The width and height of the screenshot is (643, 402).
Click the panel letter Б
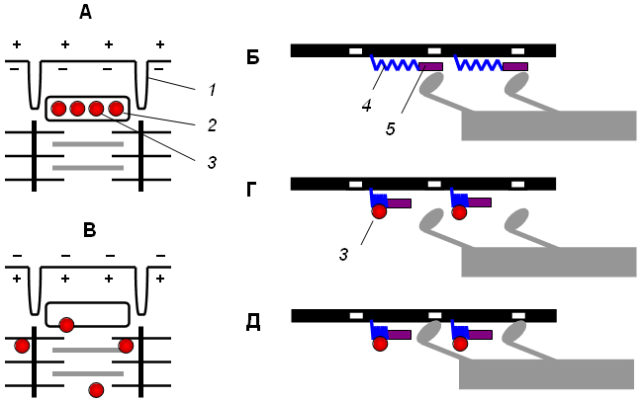pyautogui.click(x=253, y=56)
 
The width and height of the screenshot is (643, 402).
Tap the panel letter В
pyautogui.click(x=88, y=231)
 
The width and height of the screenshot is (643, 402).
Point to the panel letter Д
pyautogui.click(x=253, y=323)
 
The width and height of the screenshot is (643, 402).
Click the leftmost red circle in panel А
pyautogui.click(x=59, y=108)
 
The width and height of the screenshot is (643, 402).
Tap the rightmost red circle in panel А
pyautogui.click(x=116, y=108)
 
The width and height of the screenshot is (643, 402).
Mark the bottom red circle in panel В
pyautogui.click(x=96, y=389)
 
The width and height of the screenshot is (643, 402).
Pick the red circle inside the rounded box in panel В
pyautogui.click(x=66, y=324)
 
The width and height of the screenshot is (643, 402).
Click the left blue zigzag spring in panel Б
pyautogui.click(x=394, y=64)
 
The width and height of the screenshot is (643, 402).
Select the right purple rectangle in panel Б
pyautogui.click(x=515, y=67)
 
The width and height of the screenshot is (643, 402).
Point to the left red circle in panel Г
pyautogui.click(x=379, y=210)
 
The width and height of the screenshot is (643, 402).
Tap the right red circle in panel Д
pyautogui.click(x=461, y=343)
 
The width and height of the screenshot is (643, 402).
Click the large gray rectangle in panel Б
pyautogui.click(x=548, y=125)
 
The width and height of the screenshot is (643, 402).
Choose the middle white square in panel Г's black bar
pyautogui.click(x=433, y=184)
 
